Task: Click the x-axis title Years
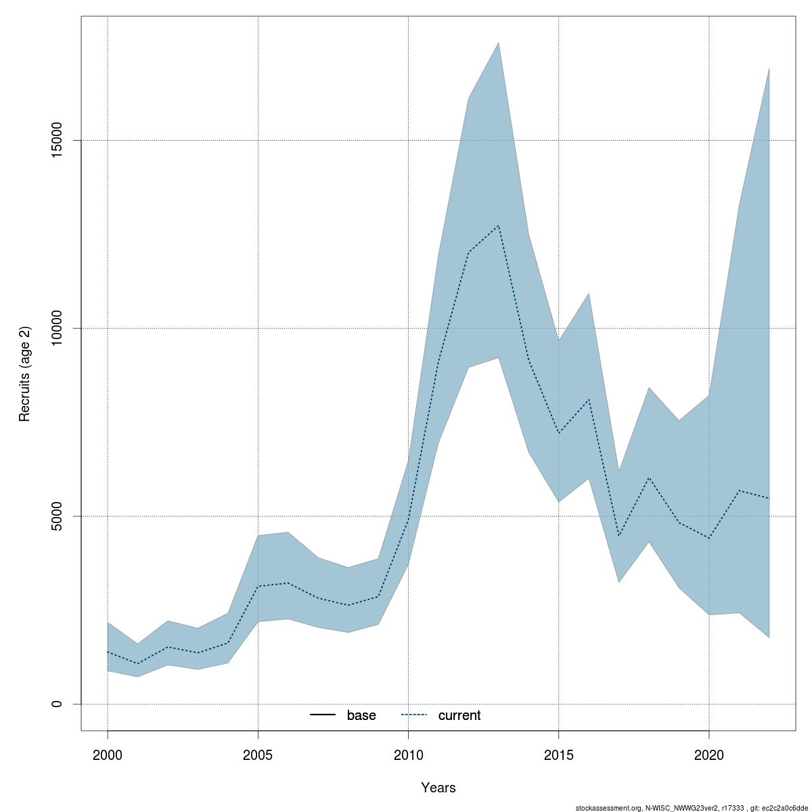[438, 788]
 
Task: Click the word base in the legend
[361, 715]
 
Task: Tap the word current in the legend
[459, 715]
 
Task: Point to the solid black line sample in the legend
[323, 715]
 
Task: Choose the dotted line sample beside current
[414, 715]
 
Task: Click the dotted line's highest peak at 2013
[499, 225]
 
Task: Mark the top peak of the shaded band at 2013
[499, 43]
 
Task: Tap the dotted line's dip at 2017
[618, 535]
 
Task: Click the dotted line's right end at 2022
[769, 498]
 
